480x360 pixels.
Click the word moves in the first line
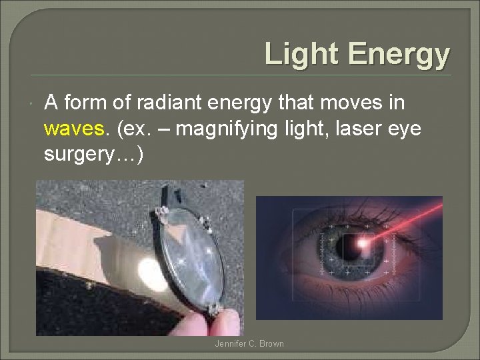(352, 103)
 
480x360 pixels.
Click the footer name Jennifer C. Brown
(249, 344)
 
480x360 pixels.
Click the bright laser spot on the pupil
(363, 244)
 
